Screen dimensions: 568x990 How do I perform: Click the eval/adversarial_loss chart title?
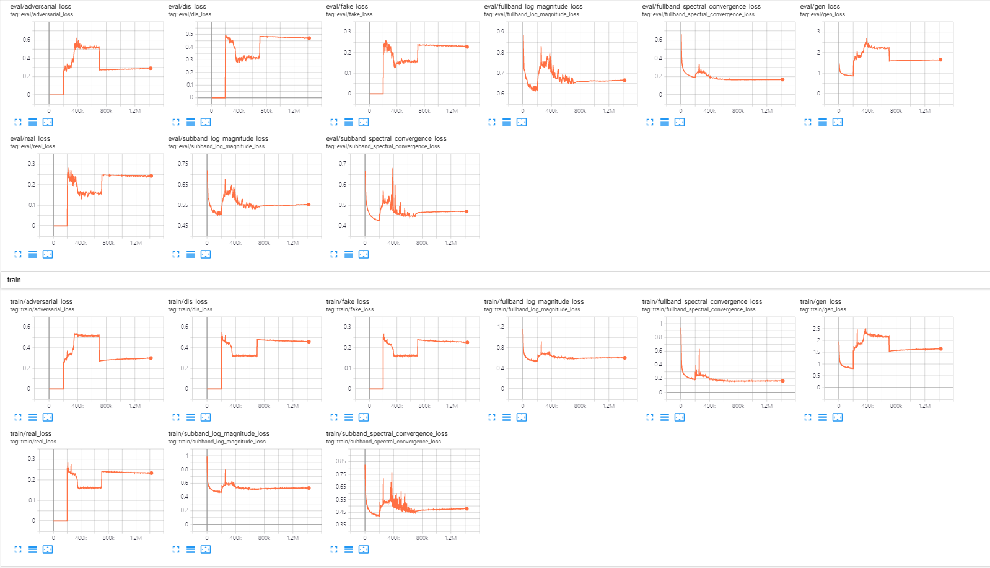pos(40,6)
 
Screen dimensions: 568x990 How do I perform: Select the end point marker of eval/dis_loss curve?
pos(309,38)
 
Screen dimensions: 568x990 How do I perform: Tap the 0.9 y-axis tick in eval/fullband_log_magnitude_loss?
pos(500,31)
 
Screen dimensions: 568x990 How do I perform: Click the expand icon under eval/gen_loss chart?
pos(807,122)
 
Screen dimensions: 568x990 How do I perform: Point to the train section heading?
pos(14,280)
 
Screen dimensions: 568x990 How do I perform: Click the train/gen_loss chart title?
pos(820,301)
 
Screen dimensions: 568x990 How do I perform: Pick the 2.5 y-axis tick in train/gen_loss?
pos(817,328)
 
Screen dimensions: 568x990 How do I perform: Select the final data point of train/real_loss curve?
pos(151,473)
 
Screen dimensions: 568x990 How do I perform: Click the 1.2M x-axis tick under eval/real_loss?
pos(136,243)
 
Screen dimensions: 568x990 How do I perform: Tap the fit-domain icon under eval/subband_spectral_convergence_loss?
pos(364,254)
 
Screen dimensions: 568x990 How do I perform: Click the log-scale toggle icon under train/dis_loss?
pos(191,417)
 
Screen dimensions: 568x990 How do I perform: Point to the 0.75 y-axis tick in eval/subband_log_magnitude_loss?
pos(183,164)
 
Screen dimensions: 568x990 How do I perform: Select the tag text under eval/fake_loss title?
pos(349,14)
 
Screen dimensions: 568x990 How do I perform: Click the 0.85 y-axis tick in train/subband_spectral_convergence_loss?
pos(341,461)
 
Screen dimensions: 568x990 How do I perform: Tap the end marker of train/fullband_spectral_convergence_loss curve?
pos(782,381)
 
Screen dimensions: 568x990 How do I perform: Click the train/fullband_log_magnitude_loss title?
pos(533,301)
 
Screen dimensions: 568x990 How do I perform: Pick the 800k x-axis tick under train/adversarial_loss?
pos(106,406)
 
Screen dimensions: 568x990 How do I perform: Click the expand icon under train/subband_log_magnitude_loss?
pos(175,549)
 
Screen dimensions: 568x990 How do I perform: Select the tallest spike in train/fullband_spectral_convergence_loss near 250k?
pos(699,351)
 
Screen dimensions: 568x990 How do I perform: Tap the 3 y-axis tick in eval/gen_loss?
pos(818,31)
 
